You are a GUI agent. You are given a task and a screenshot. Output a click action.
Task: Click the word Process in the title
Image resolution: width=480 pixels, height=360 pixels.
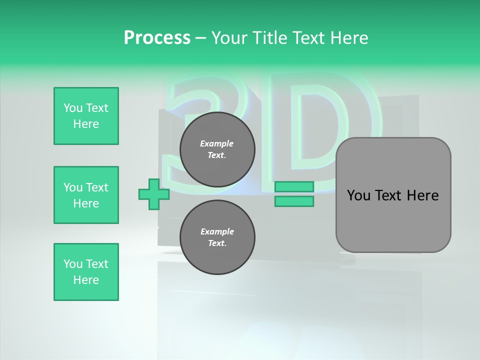tap(157, 38)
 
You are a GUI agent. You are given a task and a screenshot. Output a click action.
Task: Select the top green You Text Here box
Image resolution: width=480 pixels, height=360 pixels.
tap(86, 116)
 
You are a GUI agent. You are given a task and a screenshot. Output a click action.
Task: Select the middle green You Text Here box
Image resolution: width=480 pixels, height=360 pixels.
tap(86, 195)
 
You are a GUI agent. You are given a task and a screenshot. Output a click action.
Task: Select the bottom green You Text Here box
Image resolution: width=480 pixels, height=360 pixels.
tap(86, 272)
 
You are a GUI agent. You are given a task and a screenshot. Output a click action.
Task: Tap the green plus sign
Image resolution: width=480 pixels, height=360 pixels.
tap(154, 194)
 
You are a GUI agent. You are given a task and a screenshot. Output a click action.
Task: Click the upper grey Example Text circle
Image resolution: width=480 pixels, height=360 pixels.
tap(217, 149)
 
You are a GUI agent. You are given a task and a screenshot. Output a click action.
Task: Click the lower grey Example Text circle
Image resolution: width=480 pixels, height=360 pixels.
tap(217, 237)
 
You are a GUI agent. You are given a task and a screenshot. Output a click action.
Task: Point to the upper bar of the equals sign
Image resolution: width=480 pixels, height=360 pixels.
tap(294, 187)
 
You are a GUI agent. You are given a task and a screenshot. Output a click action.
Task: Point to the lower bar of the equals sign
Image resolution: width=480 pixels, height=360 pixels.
tap(294, 201)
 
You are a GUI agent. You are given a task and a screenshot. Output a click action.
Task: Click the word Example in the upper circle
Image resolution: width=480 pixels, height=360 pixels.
tap(216, 143)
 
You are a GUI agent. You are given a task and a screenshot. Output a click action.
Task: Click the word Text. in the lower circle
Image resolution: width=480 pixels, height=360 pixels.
tap(217, 243)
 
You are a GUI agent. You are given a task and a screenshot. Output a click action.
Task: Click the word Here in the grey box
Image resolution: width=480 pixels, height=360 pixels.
tap(422, 195)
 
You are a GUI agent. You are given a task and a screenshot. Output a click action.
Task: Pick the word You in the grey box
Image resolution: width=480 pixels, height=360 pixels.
tap(358, 195)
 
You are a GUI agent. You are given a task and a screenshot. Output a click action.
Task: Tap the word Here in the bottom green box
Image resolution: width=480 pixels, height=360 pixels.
tap(86, 280)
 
